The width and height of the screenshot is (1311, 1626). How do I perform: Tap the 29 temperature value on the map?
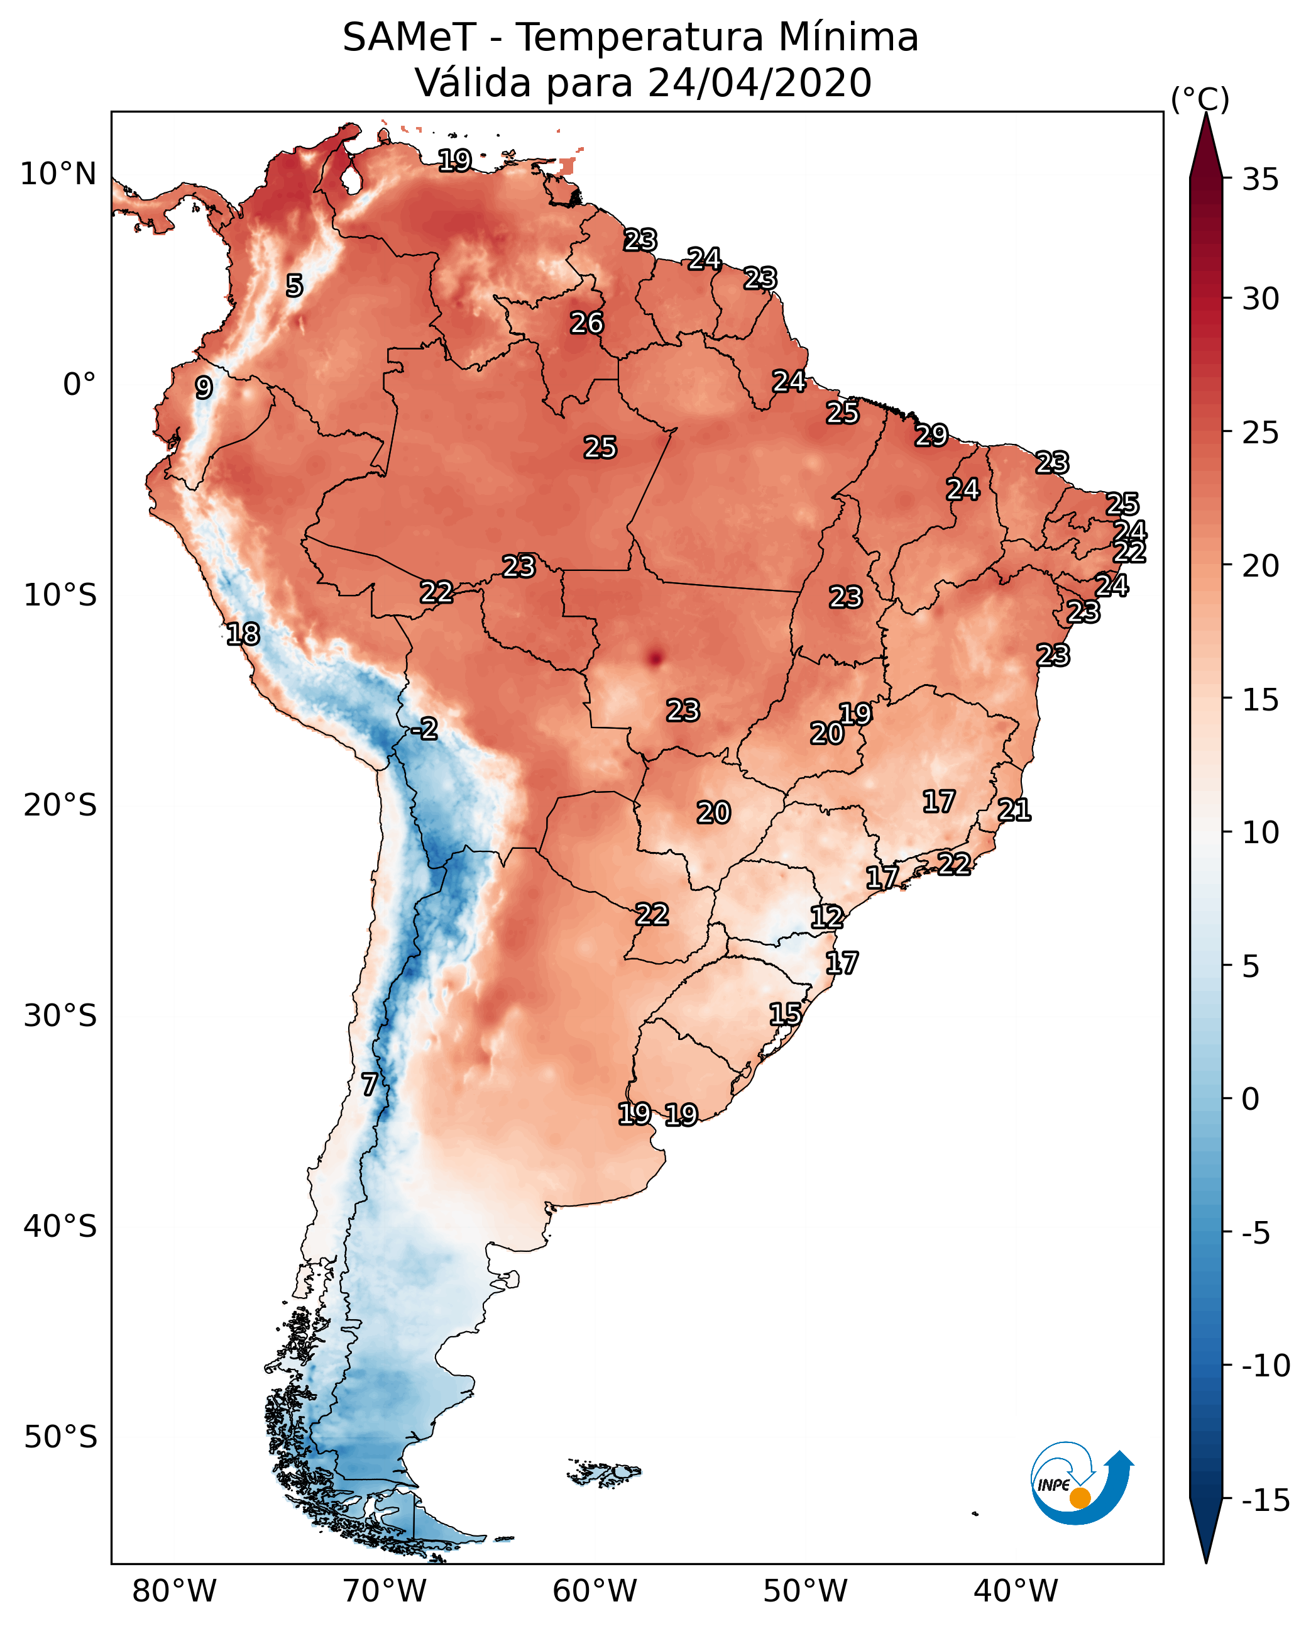[x=931, y=435]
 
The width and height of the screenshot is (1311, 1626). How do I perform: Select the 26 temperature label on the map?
[x=587, y=323]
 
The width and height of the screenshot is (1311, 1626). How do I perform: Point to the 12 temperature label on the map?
[x=827, y=917]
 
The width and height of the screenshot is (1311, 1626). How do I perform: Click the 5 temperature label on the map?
[x=295, y=285]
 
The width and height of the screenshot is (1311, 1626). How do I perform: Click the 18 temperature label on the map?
[x=243, y=634]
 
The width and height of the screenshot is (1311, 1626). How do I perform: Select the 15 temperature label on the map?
[x=786, y=1014]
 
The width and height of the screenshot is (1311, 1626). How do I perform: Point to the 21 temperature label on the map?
[x=1014, y=810]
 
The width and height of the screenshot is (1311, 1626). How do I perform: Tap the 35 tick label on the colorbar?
[x=1260, y=180]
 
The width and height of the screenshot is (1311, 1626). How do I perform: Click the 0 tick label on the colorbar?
[x=1251, y=1099]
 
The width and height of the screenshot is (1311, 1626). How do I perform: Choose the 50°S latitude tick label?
[x=60, y=1437]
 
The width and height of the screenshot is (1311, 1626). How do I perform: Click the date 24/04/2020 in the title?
[x=760, y=83]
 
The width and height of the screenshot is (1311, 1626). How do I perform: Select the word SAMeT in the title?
[x=409, y=38]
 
